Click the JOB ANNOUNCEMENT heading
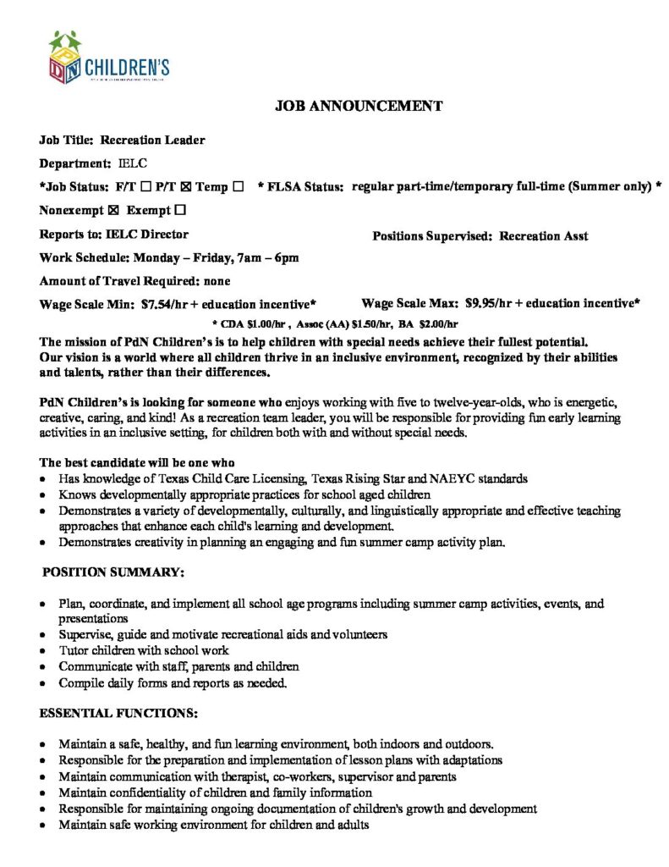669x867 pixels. coord(359,106)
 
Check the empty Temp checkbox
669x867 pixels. coord(239,186)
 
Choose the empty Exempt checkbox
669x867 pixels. coord(180,210)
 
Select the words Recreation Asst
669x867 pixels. coord(544,236)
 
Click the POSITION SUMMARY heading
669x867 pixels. coord(112,572)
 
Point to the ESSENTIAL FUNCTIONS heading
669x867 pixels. coord(118,714)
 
